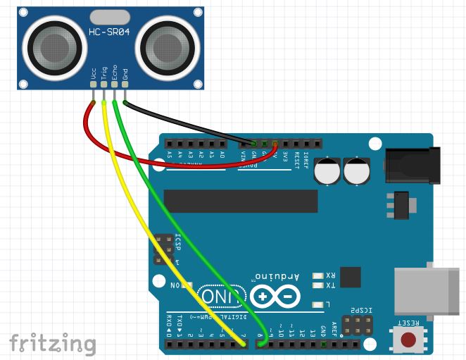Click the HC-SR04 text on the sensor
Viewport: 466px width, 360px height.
(x=108, y=35)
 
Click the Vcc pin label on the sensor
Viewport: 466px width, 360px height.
(x=94, y=73)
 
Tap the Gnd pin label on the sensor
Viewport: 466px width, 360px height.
(x=125, y=73)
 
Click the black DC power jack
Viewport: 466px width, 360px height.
(x=413, y=166)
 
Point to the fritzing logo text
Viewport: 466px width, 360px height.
(x=53, y=343)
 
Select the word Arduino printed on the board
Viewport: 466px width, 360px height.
(x=279, y=276)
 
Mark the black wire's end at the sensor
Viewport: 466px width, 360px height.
(x=125, y=101)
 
